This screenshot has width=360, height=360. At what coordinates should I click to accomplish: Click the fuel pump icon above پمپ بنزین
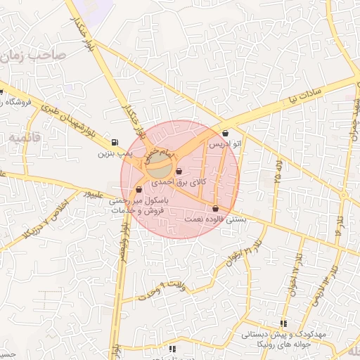115,141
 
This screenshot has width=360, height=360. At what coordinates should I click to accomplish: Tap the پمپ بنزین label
115,153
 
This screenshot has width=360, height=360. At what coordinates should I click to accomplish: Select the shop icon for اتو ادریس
225,133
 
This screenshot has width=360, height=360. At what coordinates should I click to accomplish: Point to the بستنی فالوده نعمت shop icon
214,209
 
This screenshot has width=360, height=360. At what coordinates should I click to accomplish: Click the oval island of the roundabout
161,169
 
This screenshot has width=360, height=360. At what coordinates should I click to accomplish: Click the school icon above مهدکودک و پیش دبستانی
283,323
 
